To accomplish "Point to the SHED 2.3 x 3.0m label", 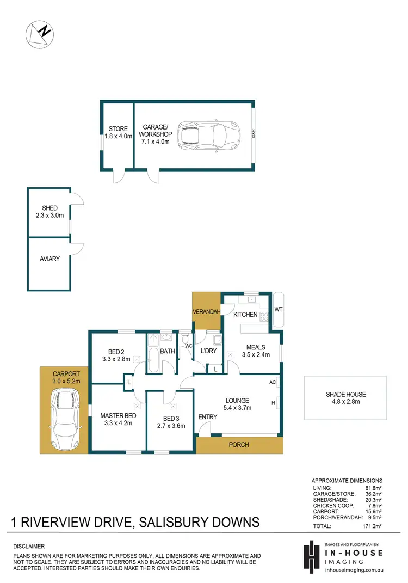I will tap(50, 212).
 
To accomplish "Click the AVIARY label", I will tap(50, 259).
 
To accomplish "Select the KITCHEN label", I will tap(245, 315).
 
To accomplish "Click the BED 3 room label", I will tap(171, 422).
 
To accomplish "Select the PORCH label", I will tap(239, 445).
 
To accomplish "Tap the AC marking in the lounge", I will tap(271, 382).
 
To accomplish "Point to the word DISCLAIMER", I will tap(29, 546).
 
